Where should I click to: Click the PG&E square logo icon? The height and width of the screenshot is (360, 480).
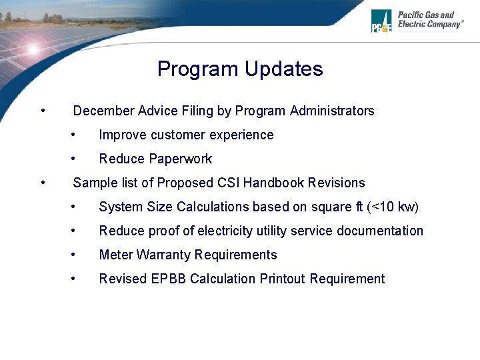tap(381, 21)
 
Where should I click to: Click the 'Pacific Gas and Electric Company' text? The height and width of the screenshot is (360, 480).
tap(430, 19)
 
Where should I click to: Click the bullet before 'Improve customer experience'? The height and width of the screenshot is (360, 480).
tap(75, 135)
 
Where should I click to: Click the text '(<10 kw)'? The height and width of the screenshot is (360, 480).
tap(393, 207)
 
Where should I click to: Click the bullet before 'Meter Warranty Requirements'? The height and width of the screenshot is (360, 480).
tap(75, 255)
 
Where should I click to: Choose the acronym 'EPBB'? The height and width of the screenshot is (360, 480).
tap(169, 279)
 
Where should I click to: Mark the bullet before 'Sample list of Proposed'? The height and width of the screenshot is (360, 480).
tap(43, 183)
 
